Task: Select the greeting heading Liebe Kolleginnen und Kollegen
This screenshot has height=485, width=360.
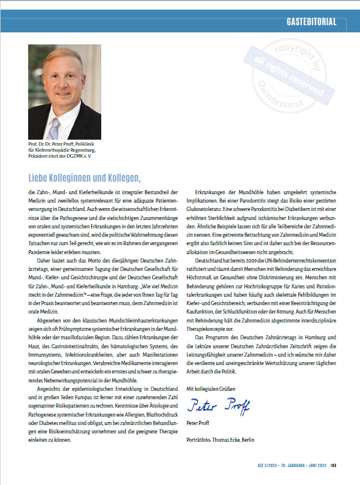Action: click(x=84, y=178)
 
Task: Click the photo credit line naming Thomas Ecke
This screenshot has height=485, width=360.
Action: click(x=220, y=440)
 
